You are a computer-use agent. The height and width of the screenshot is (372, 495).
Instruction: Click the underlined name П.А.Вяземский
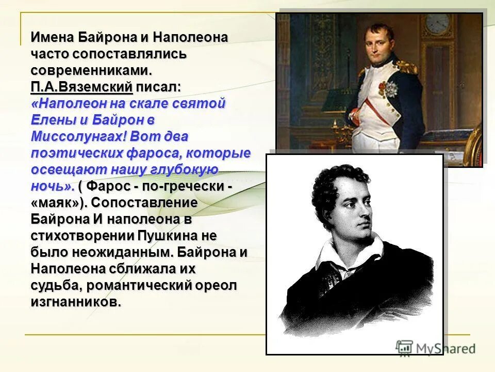(x=81, y=87)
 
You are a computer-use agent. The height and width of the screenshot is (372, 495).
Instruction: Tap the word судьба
(x=55, y=286)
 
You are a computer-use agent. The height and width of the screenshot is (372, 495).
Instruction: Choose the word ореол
(x=217, y=286)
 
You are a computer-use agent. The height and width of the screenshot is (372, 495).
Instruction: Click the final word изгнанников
(x=76, y=303)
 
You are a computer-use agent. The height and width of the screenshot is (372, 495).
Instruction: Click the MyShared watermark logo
(x=436, y=348)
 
